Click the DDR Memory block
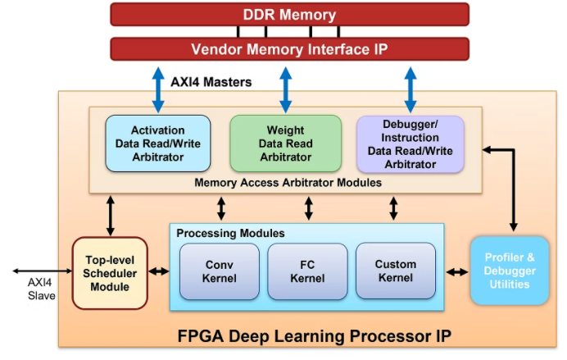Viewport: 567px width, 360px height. point(289,15)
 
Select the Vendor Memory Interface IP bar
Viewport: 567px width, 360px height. point(289,49)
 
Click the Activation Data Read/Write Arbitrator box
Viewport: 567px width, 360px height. point(158,143)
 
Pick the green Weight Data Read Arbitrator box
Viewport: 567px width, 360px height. point(285,143)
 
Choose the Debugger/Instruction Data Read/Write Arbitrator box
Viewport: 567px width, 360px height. point(410,144)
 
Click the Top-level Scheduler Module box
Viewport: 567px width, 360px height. point(110,272)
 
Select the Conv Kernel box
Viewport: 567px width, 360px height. point(219,271)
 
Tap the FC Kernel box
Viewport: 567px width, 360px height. point(307,271)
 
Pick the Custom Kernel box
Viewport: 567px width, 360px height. point(395,271)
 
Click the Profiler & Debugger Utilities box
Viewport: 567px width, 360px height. point(509,271)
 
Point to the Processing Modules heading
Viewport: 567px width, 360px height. point(231,234)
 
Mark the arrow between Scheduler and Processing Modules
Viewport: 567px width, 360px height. point(158,271)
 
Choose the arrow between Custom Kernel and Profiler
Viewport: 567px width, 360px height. point(456,271)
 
